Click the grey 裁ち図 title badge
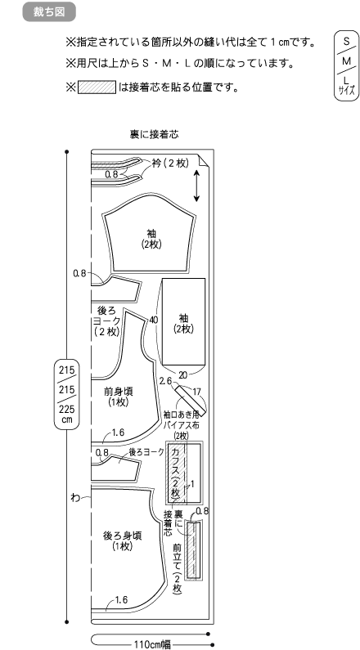(49, 11)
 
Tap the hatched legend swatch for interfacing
(97, 87)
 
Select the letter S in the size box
(346, 42)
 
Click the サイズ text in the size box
(347, 91)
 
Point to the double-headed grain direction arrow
(196, 186)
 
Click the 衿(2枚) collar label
(170, 164)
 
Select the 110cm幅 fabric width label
(152, 644)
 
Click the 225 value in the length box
(67, 409)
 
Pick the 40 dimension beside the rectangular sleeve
(154, 320)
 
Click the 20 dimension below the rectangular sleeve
(183, 375)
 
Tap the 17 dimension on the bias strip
(197, 391)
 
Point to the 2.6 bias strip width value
(165, 380)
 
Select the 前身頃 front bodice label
(119, 391)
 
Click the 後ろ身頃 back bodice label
(123, 536)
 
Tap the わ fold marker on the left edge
(75, 497)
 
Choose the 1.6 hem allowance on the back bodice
(121, 599)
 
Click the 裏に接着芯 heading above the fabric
(154, 135)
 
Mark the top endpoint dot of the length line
(67, 152)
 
